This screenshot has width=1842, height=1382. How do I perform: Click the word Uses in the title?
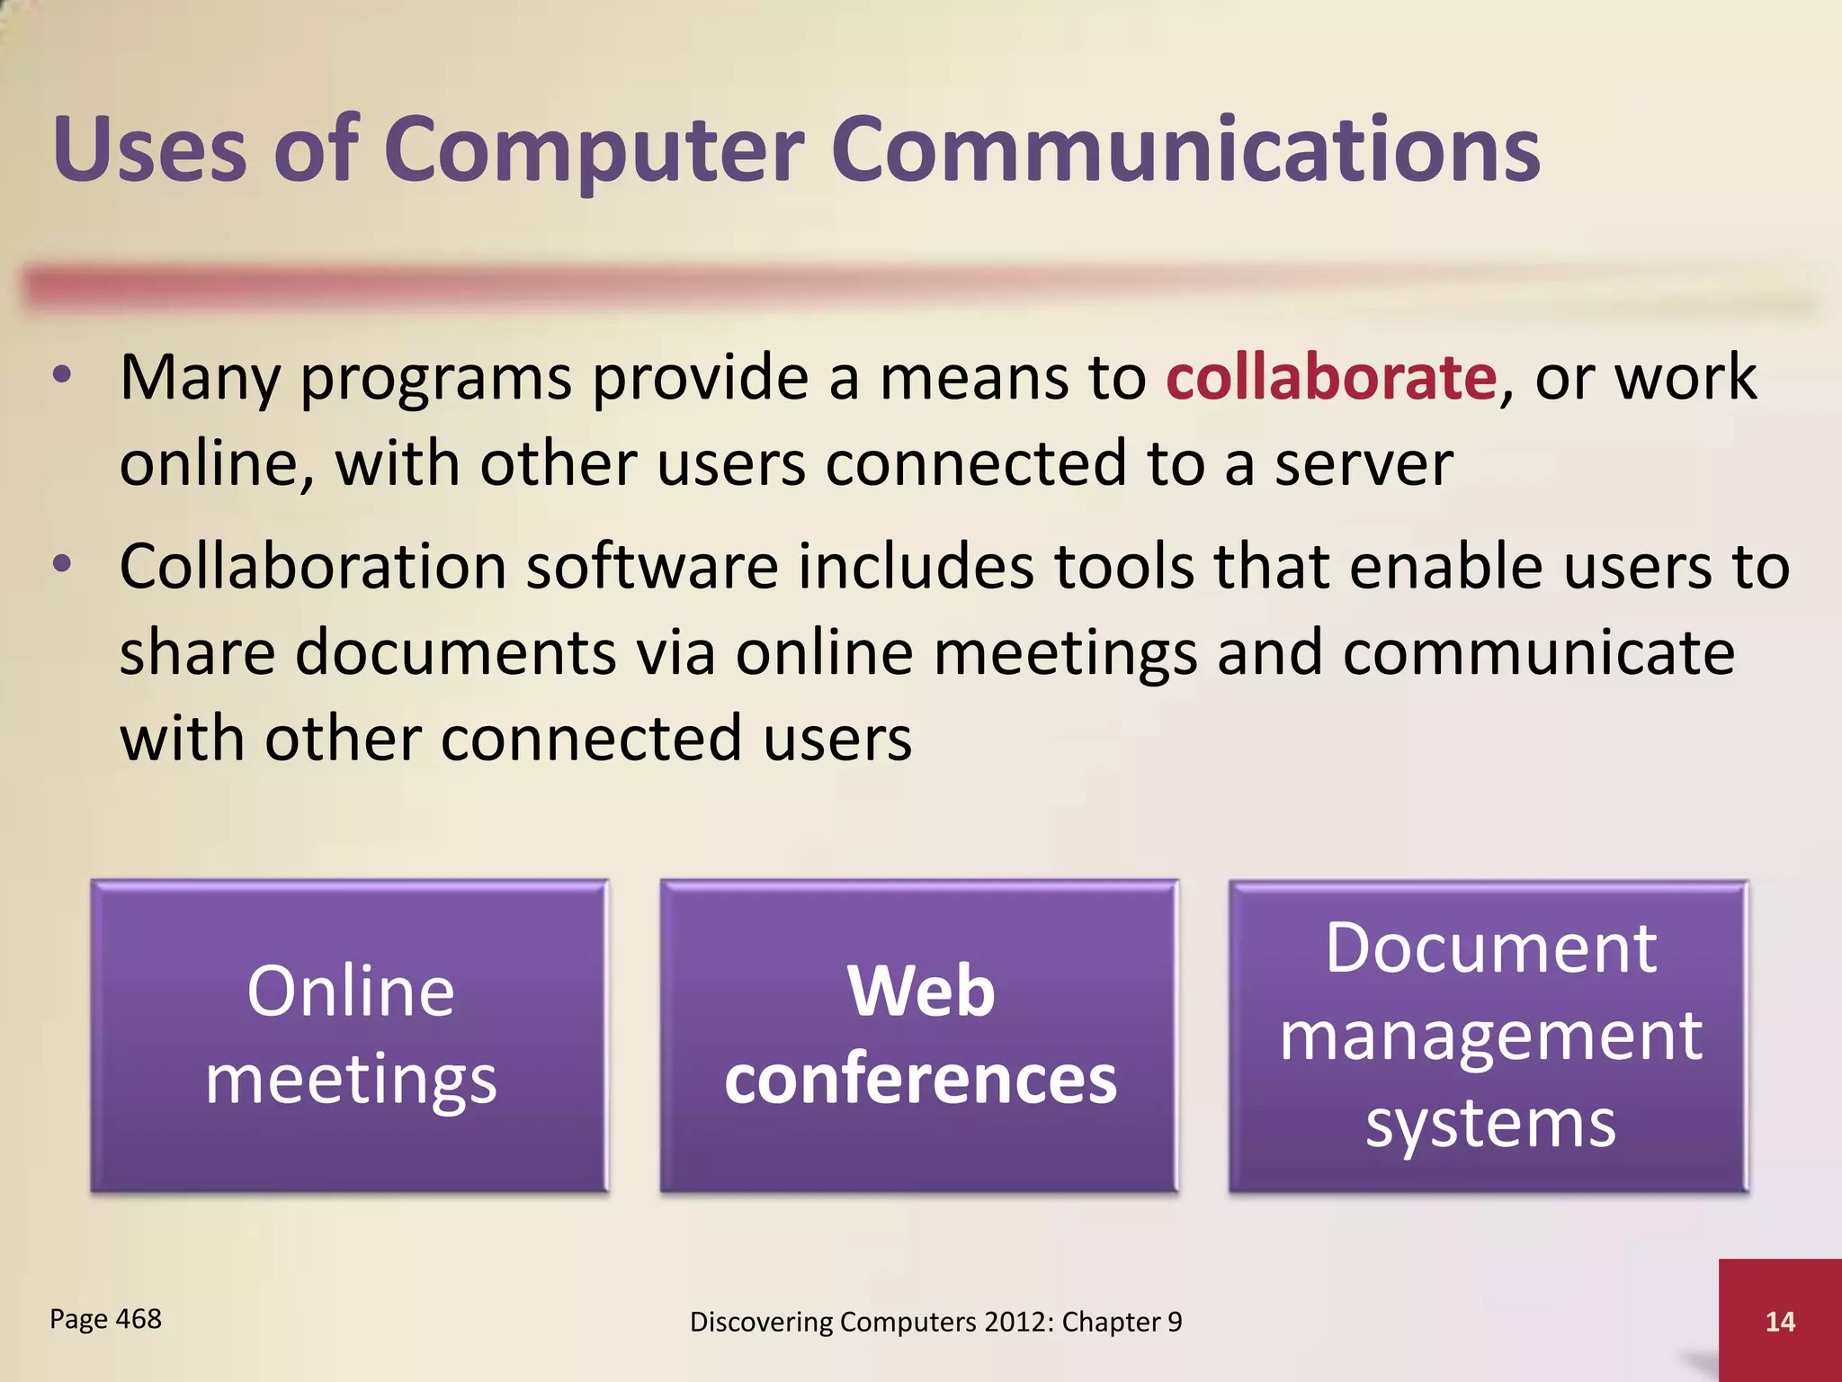(149, 151)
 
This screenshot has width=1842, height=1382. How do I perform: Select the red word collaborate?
(1331, 378)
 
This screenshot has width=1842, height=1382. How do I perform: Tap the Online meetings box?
(350, 1036)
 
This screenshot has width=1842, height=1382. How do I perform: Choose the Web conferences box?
(919, 1036)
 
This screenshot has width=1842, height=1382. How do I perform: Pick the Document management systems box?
(1489, 1036)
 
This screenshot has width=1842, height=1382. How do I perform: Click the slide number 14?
(1780, 1322)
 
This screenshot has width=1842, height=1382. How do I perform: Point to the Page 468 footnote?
(105, 1319)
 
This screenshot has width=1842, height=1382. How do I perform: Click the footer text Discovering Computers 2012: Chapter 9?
(935, 1322)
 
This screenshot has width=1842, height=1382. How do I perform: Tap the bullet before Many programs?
(61, 376)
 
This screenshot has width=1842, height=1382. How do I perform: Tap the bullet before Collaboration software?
(61, 565)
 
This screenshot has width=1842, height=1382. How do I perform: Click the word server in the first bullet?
(1364, 464)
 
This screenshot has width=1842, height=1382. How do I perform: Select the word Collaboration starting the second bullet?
(313, 567)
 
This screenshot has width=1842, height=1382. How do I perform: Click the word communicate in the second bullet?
(1538, 653)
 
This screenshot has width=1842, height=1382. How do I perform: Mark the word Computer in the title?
(594, 151)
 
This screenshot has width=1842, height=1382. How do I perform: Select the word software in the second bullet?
(652, 567)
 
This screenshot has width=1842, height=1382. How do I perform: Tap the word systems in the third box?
(1490, 1125)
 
